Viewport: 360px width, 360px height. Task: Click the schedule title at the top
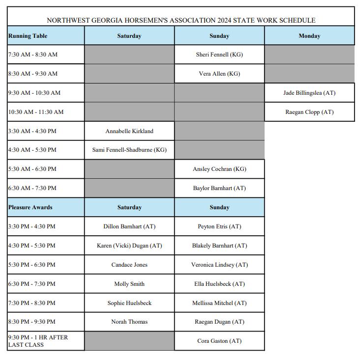click(180, 21)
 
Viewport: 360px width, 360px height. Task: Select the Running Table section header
click(28, 36)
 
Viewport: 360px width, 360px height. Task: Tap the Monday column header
click(309, 36)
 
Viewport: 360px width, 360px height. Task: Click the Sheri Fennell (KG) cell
click(219, 55)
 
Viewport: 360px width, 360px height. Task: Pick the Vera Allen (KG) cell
click(219, 74)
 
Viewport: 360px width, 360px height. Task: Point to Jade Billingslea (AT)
click(309, 93)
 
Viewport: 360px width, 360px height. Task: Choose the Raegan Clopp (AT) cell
click(309, 112)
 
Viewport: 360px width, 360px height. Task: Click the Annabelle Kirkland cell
click(129, 131)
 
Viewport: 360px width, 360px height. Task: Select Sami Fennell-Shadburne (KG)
click(129, 150)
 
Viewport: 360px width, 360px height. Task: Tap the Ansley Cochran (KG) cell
click(219, 169)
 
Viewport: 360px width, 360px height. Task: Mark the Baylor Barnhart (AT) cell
click(219, 188)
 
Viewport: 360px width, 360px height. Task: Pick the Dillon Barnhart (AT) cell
click(129, 226)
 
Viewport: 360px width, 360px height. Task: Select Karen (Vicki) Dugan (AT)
click(129, 246)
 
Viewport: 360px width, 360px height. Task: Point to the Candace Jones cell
click(129, 265)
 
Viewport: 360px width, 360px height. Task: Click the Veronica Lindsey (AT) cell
click(219, 265)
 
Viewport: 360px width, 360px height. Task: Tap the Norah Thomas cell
click(129, 322)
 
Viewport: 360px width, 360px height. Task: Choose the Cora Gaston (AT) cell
click(219, 341)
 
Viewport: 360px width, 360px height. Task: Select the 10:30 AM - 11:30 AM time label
click(36, 112)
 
